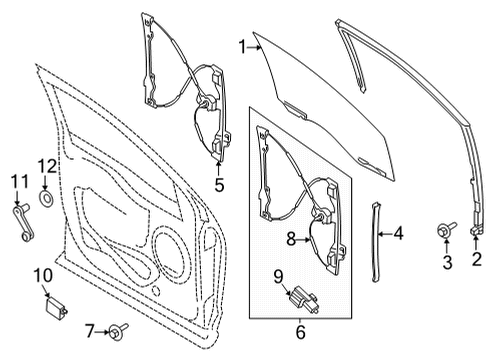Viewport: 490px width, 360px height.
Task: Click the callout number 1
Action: (x=242, y=44)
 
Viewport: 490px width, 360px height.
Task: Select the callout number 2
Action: (x=477, y=262)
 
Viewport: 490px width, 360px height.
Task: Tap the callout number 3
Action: (x=447, y=262)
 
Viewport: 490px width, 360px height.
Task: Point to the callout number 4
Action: (x=399, y=236)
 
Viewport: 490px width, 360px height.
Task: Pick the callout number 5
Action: (x=219, y=184)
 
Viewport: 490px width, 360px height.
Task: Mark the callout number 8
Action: (x=292, y=238)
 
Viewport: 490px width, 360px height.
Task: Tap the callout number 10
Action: (x=42, y=274)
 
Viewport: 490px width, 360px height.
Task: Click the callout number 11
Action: (x=17, y=181)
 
